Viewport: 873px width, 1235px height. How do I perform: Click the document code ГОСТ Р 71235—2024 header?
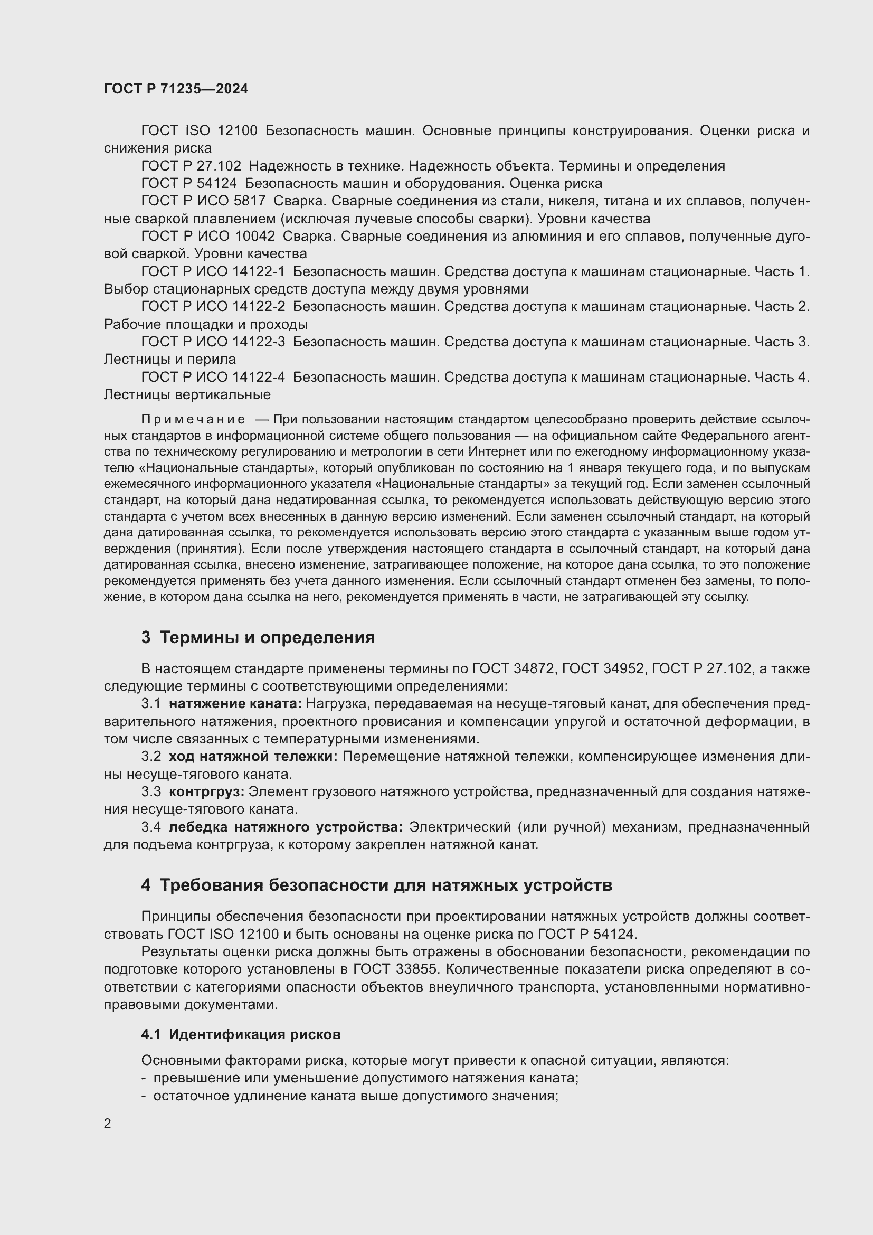176,89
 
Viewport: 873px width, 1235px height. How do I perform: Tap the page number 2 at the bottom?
108,1123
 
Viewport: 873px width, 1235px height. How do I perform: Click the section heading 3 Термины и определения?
258,637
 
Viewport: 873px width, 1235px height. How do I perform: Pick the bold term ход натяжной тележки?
253,756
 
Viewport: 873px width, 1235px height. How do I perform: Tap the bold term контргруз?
206,791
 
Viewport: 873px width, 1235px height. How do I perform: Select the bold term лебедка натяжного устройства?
286,827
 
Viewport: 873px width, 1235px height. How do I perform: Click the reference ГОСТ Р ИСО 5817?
203,201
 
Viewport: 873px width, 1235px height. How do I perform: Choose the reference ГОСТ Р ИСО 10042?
208,236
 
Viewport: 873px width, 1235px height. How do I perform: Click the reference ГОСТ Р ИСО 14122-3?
213,342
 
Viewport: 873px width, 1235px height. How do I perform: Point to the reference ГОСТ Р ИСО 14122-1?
213,271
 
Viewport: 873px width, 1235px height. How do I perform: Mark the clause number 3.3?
151,791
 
